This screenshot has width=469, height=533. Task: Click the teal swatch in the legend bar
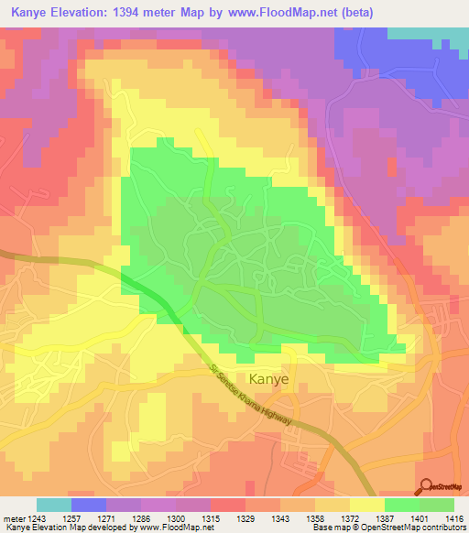click(x=54, y=505)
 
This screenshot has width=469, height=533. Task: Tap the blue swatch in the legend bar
click(x=89, y=505)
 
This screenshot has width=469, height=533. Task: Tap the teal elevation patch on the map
click(x=428, y=32)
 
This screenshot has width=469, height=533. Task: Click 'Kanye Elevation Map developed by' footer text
click(x=60, y=528)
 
